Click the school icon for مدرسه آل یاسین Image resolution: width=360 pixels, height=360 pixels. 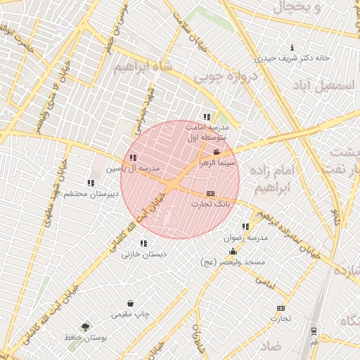[x=133, y=158]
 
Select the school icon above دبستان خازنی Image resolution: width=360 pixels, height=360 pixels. [x=143, y=243]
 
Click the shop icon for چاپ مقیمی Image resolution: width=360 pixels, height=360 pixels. [x=130, y=303]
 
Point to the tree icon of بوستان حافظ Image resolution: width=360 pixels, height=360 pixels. [x=85, y=327]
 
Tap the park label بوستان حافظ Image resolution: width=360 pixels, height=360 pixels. [x=84, y=338]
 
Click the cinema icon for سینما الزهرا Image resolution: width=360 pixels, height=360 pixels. [x=217, y=152]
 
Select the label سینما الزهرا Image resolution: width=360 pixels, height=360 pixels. [x=217, y=162]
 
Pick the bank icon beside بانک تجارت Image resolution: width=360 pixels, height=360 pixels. [x=210, y=193]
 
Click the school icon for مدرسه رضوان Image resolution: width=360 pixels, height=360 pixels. [x=245, y=227]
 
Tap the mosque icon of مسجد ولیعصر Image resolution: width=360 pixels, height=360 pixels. [x=233, y=251]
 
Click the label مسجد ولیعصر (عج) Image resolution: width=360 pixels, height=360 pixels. [x=241, y=262]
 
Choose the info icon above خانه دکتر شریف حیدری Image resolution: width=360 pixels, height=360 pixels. [x=292, y=49]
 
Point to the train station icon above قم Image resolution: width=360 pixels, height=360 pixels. [x=314, y=330]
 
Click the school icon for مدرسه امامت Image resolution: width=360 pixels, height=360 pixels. [x=206, y=117]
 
